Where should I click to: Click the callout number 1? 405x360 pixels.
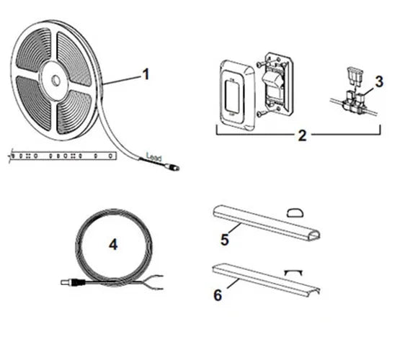pyautogui.click(x=146, y=74)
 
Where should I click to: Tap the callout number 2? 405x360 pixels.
pyautogui.click(x=302, y=135)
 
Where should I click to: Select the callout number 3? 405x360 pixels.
pyautogui.click(x=379, y=81)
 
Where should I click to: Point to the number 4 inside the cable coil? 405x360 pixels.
pyautogui.click(x=113, y=244)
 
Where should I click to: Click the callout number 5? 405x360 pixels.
pyautogui.click(x=225, y=240)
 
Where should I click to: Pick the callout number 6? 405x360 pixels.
pyautogui.click(x=218, y=295)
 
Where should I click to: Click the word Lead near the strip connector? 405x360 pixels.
pyautogui.click(x=154, y=157)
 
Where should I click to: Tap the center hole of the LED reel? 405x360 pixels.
pyautogui.click(x=56, y=81)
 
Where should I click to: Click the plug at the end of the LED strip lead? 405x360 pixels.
pyautogui.click(x=173, y=167)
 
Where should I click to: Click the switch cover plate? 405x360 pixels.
pyautogui.click(x=236, y=95)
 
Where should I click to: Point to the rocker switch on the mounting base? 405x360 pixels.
pyautogui.click(x=274, y=84)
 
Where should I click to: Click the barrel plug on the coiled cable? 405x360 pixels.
pyautogui.click(x=73, y=282)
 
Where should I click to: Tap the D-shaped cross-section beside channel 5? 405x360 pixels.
pyautogui.click(x=295, y=212)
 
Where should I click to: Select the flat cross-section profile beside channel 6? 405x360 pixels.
pyautogui.click(x=293, y=272)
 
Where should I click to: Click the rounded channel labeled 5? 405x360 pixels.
pyautogui.click(x=267, y=222)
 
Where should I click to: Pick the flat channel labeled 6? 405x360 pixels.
pyautogui.click(x=266, y=280)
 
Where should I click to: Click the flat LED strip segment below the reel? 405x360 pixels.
pyautogui.click(x=62, y=156)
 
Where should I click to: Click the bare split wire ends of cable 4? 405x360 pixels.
pyautogui.click(x=154, y=282)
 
